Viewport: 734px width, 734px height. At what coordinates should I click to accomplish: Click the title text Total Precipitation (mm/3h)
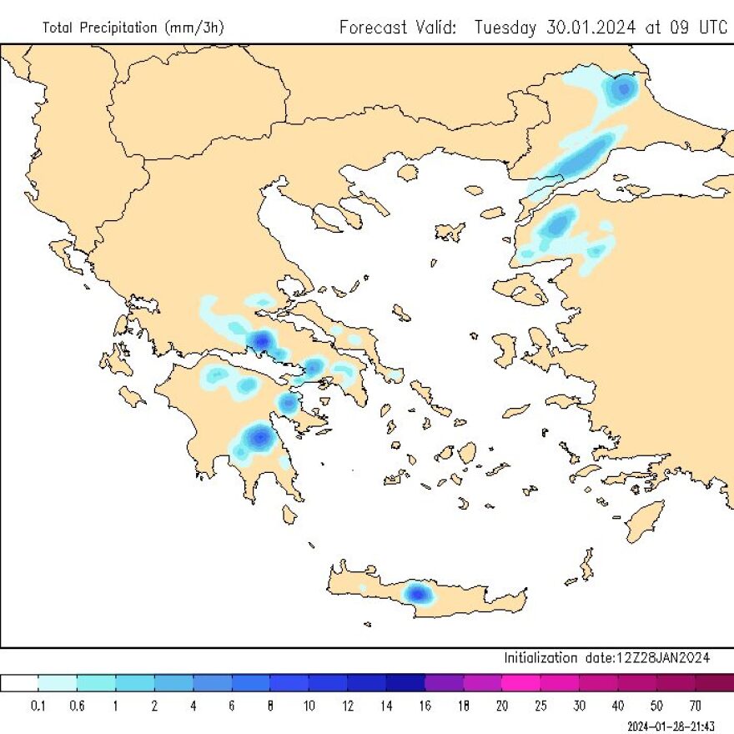[133, 28]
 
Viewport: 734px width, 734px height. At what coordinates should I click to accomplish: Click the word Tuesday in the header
[506, 28]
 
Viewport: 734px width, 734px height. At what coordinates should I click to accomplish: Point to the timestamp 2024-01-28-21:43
[675, 725]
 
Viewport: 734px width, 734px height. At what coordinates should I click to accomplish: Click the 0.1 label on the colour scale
[38, 706]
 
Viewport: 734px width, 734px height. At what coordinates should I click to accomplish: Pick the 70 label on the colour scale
[696, 706]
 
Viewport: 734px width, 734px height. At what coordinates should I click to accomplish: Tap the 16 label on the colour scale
[425, 706]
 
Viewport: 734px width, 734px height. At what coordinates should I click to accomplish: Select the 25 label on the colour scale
[541, 706]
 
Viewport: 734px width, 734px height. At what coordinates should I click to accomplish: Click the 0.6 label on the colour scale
[78, 706]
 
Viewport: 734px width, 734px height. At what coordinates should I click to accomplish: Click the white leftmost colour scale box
[19, 683]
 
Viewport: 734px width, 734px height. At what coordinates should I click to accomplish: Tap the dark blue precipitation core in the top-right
[624, 86]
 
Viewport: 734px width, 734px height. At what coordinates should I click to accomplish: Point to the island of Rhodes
[645, 521]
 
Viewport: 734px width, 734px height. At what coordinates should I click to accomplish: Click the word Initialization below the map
[540, 658]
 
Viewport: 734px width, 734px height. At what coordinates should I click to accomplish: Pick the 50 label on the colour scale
[657, 706]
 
